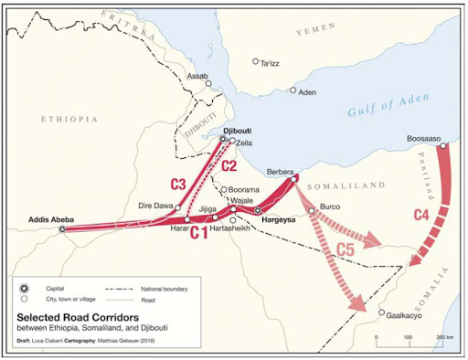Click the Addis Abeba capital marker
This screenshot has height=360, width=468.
(x=62, y=230)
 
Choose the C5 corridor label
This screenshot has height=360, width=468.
(x=347, y=249)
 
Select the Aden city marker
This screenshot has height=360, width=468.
(x=293, y=90)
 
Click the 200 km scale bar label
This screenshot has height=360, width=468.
(x=445, y=338)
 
